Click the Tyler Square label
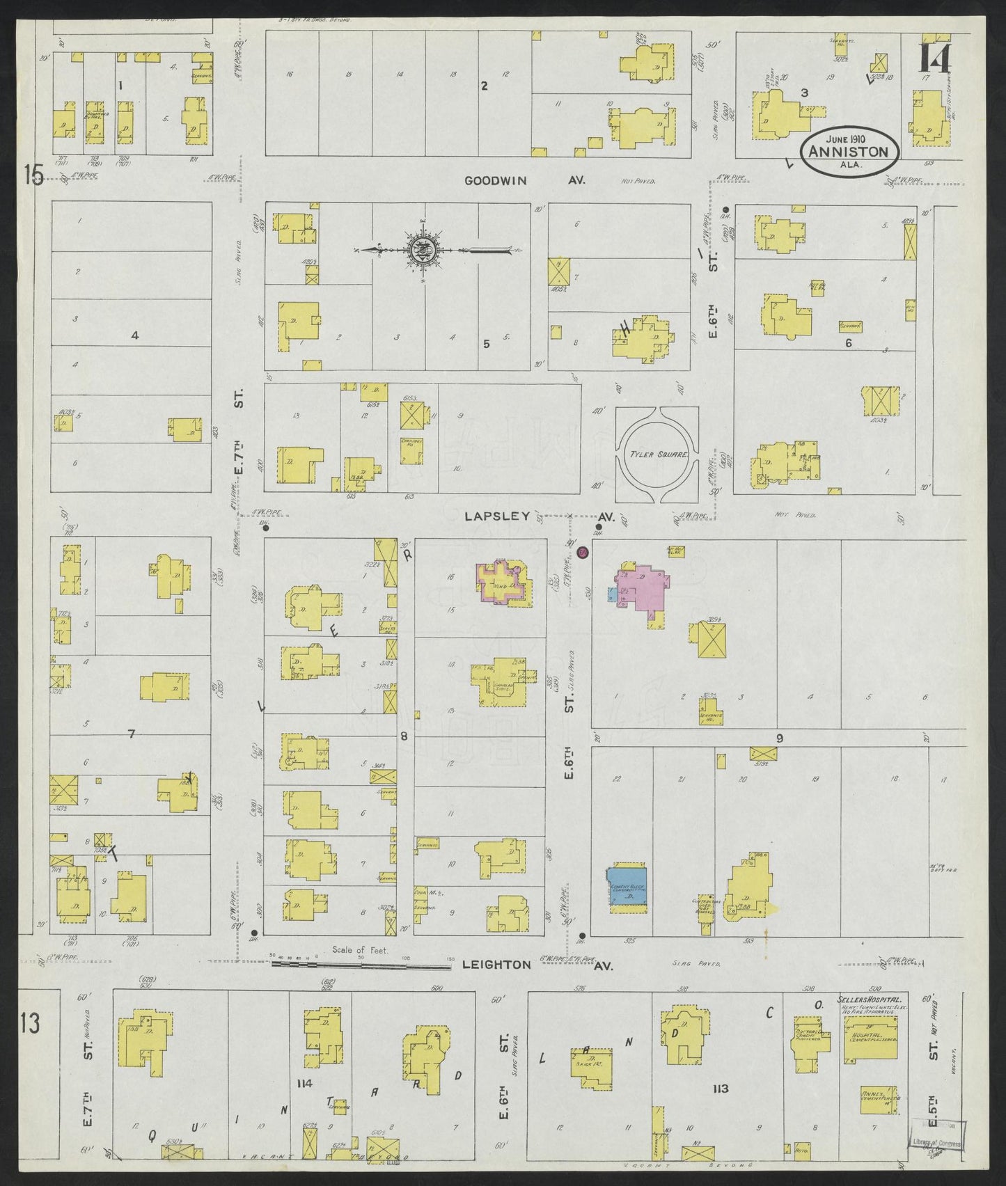tap(659, 454)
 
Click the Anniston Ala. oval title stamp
tap(849, 151)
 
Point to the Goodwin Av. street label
tap(496, 180)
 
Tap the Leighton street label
tap(496, 964)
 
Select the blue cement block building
tap(626, 885)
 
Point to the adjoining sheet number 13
tap(31, 1023)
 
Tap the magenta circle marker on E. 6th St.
tap(583, 553)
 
